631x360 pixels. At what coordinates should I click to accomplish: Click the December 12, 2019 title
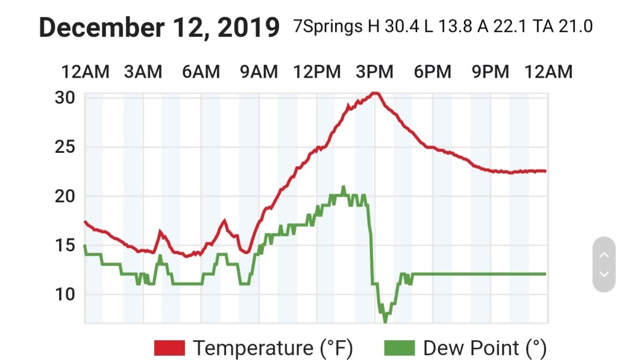tap(159, 27)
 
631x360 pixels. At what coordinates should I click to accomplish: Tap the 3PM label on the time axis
tap(375, 72)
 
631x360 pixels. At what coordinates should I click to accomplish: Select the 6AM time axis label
tap(201, 72)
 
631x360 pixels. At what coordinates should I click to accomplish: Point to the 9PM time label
tap(491, 72)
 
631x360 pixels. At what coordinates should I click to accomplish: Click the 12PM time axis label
tap(317, 72)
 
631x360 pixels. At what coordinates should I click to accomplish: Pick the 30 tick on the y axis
tap(65, 98)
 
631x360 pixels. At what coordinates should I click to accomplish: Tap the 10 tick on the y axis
tap(65, 294)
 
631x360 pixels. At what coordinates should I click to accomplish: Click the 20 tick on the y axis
tap(65, 196)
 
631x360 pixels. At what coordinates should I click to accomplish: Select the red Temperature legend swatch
tap(169, 348)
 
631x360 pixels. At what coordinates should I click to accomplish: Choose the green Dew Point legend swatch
tap(399, 348)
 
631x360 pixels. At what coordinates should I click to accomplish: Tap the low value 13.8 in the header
tap(463, 28)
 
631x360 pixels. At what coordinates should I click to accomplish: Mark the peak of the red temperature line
tap(375, 93)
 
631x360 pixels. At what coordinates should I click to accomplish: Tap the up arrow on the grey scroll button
tap(604, 255)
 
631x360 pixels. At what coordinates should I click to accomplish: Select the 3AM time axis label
tap(143, 72)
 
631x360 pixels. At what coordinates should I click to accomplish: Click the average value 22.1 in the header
tap(518, 28)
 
